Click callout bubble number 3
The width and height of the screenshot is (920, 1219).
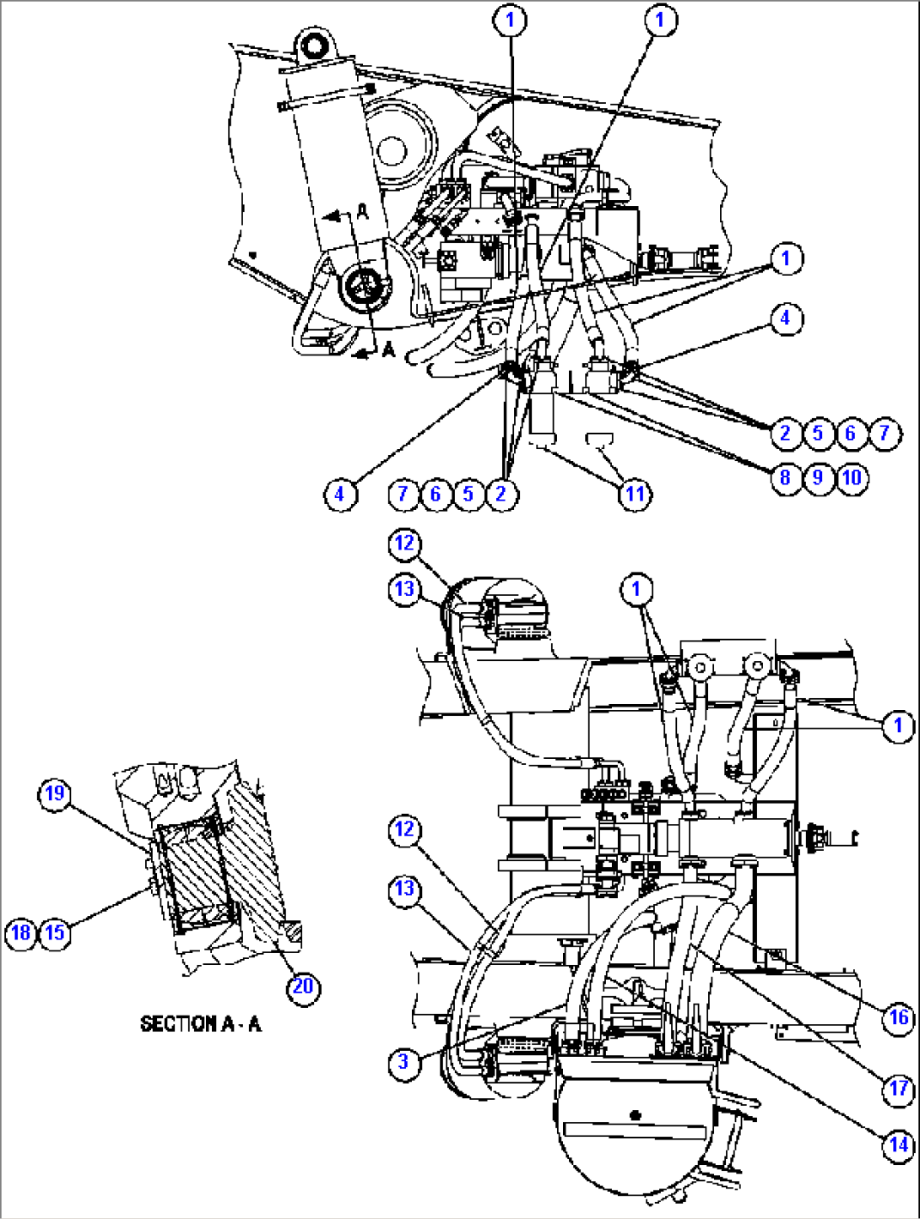(x=403, y=1061)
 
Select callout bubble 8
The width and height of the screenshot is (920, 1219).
(x=785, y=477)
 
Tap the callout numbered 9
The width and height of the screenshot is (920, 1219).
(x=818, y=477)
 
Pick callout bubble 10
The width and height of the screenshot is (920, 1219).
(x=852, y=477)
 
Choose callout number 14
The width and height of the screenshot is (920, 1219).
(x=898, y=1145)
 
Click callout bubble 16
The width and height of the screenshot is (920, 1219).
(x=898, y=1017)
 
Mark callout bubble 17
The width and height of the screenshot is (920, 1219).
(x=898, y=1088)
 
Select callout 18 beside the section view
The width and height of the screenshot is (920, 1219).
(x=20, y=932)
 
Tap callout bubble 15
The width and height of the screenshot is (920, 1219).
(x=54, y=932)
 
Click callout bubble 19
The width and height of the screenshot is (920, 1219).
(x=54, y=794)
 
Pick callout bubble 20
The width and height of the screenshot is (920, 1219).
(x=303, y=986)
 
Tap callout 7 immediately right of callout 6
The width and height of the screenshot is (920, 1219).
(x=884, y=433)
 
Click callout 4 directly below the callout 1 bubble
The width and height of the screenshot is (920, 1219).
(x=786, y=318)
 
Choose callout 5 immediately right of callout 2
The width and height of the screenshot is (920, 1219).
(x=818, y=433)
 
